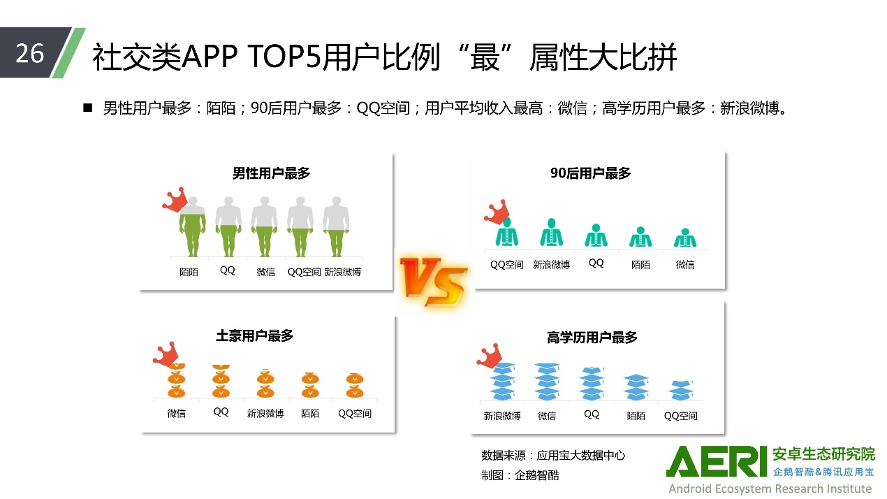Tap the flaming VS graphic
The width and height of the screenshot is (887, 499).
coord(434,282)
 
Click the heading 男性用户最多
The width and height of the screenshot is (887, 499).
coord(271,173)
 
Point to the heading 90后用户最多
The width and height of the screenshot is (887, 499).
coord(590,173)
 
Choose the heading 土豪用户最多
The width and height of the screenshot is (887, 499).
coord(255,335)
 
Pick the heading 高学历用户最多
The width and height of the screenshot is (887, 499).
coord(592,338)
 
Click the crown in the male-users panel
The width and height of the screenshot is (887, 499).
coord(175,199)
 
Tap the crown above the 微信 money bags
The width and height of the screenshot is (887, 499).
coord(166,354)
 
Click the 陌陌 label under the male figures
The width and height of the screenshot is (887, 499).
coord(189,272)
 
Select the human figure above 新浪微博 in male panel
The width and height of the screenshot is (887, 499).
coord(336,226)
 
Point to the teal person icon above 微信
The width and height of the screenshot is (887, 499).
coord(685,238)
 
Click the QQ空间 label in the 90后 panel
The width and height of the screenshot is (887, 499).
coord(507,264)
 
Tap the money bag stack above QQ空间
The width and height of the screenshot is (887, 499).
coord(354,385)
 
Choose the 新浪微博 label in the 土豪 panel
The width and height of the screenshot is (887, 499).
coord(265,414)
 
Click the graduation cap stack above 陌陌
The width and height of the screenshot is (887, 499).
coord(636,387)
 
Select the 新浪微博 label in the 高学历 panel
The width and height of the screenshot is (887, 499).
coord(501,416)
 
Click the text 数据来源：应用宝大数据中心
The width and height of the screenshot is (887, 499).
coord(553,456)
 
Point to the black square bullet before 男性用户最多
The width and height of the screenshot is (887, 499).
coord(87,108)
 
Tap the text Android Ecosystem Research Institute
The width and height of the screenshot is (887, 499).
coord(770,489)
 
